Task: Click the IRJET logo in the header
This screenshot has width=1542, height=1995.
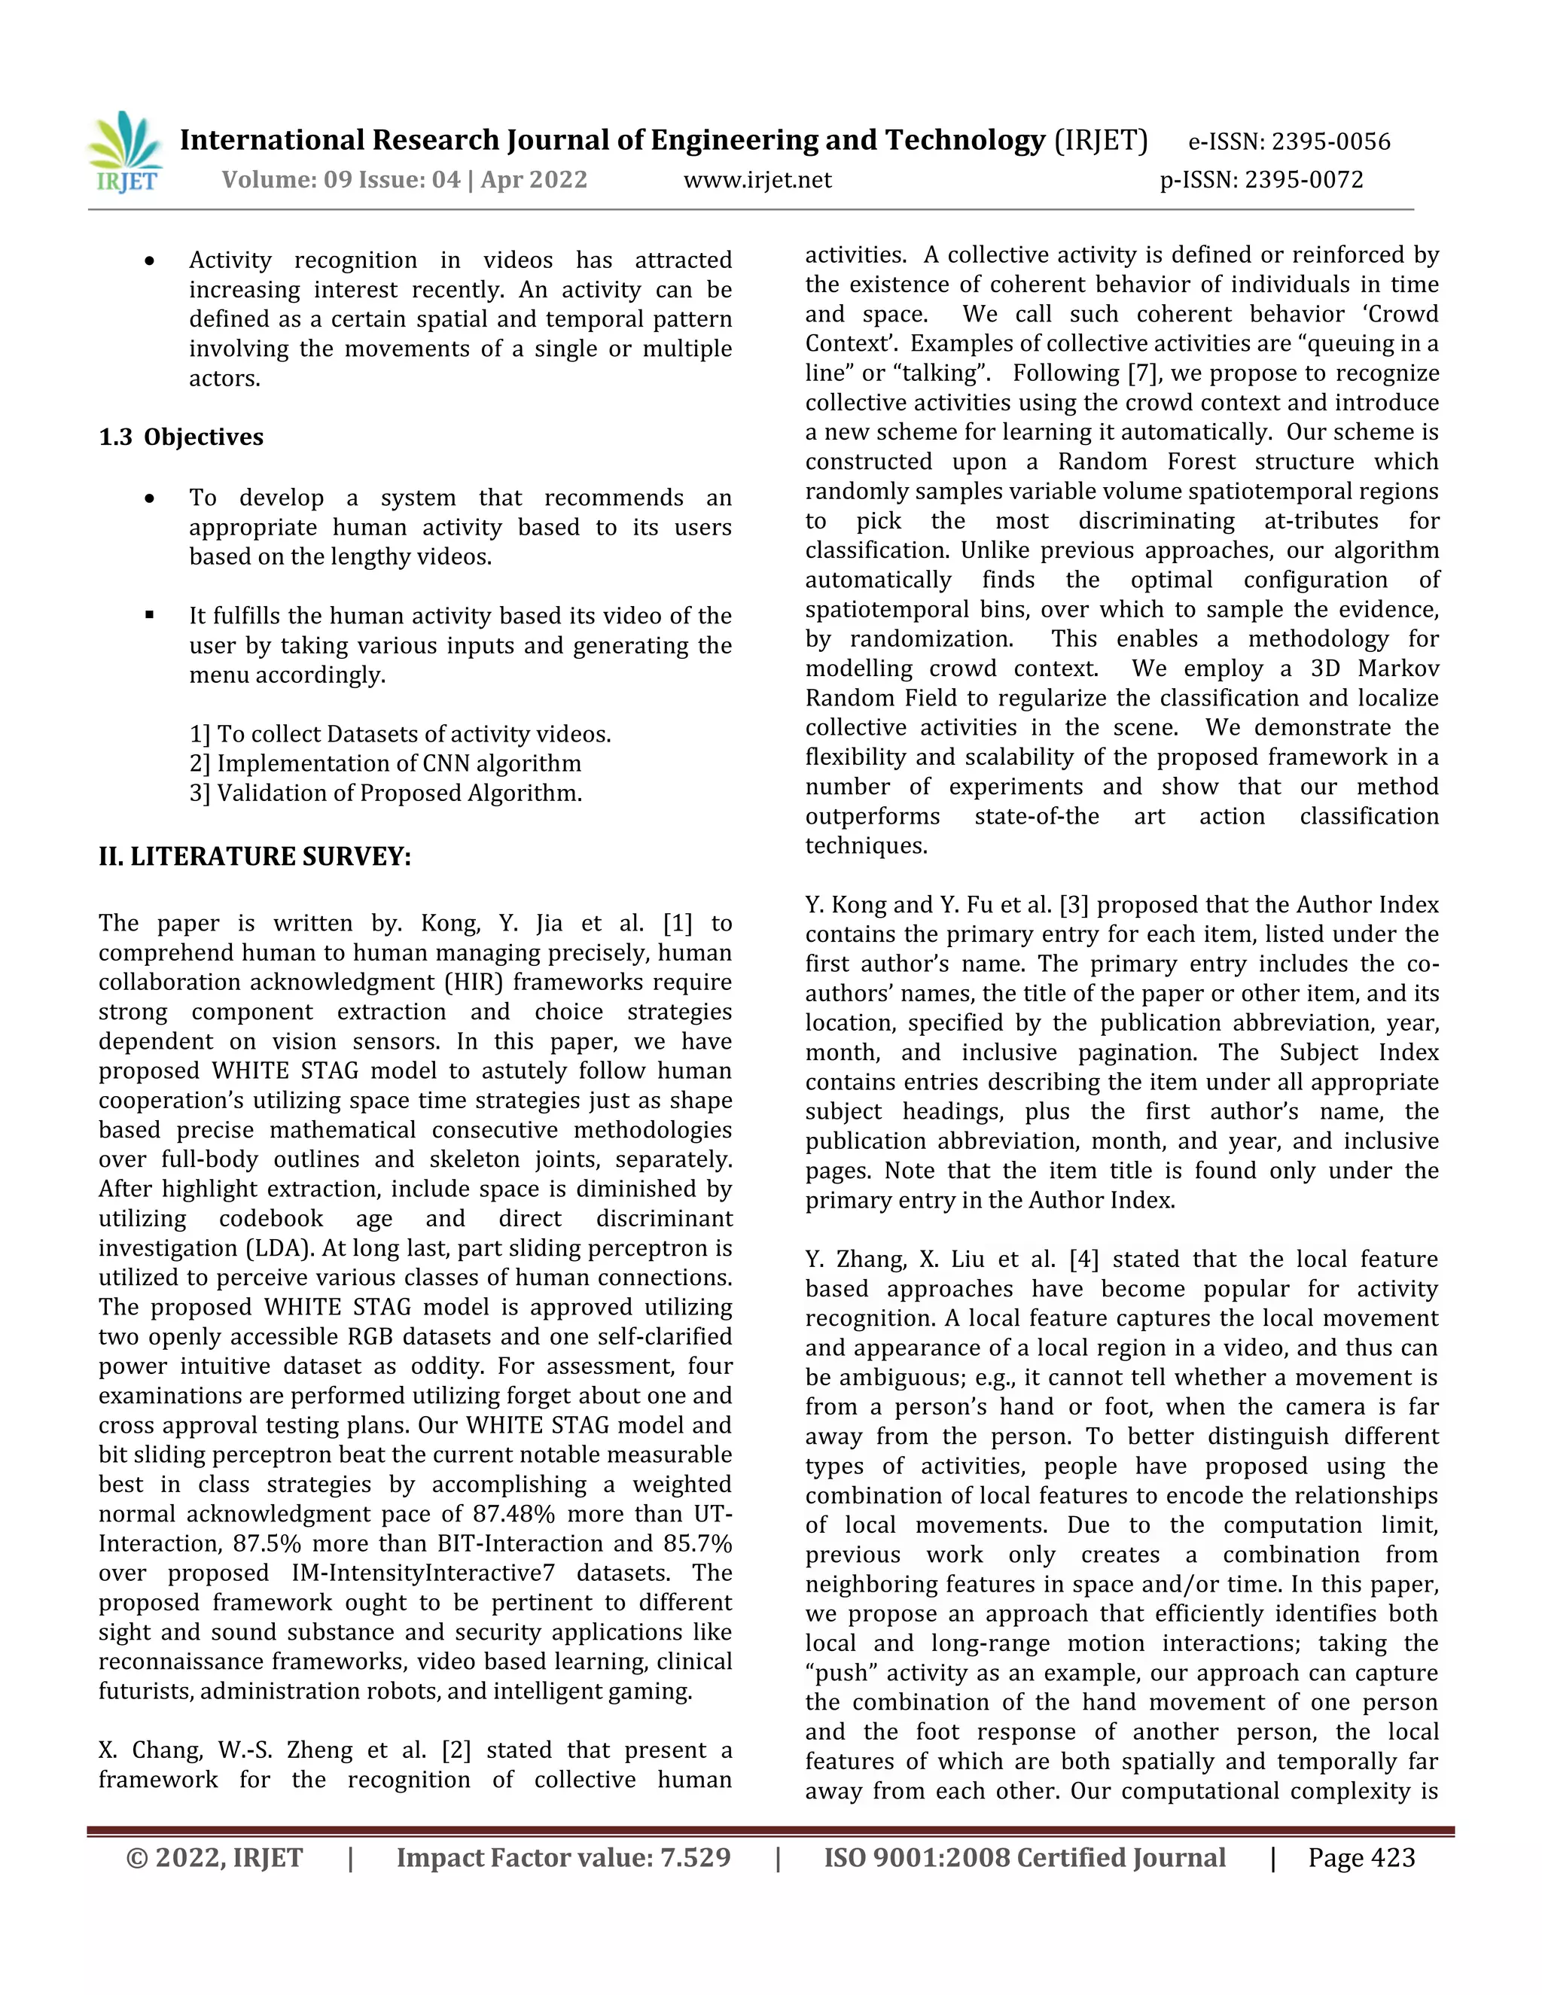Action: coord(125,153)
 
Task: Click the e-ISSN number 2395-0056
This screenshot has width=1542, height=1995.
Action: coord(1331,142)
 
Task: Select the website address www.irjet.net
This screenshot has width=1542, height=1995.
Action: coord(757,180)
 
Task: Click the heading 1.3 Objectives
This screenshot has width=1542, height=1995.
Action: coord(181,437)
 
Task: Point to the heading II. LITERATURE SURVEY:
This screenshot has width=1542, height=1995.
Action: coord(255,857)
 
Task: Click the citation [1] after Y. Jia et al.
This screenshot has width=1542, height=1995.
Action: coord(677,924)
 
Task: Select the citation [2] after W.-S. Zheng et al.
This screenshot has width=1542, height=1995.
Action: coord(456,1750)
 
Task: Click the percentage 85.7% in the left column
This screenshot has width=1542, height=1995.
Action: coord(698,1544)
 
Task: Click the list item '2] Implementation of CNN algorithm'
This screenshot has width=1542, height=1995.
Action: coord(385,763)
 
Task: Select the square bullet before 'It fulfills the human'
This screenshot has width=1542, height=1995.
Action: coord(150,616)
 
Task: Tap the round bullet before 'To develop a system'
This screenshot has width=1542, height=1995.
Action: coord(150,498)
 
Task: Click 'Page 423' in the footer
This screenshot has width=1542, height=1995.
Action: coord(1361,1858)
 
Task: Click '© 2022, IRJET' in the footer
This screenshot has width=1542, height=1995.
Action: coord(214,1858)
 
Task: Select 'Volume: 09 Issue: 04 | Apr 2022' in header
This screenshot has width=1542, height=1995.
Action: coord(404,180)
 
